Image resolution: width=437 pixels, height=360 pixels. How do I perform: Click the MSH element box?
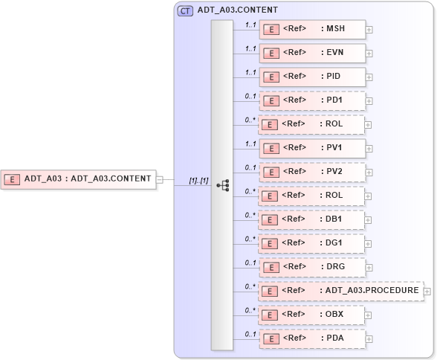coord(312,29)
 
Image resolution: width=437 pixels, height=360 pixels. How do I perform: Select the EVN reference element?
coord(312,53)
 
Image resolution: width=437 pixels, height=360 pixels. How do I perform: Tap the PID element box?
coord(312,77)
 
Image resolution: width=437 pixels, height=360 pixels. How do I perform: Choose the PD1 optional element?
coord(312,100)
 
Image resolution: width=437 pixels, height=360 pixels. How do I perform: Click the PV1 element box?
coord(312,148)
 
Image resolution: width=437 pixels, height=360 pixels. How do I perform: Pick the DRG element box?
coord(312,267)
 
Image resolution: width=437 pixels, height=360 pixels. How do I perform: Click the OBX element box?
coord(312,315)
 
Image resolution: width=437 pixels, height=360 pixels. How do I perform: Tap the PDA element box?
coord(312,338)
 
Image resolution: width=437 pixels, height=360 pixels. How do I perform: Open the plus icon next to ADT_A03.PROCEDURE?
coord(427,292)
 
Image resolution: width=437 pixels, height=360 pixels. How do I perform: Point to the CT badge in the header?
coord(185,10)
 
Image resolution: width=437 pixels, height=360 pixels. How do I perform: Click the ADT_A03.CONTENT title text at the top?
coord(238,10)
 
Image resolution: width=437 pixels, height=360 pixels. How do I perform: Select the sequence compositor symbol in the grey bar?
coord(222,184)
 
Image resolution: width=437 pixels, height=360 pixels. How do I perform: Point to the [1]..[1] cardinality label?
coord(198,180)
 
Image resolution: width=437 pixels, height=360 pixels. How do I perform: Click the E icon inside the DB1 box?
coord(273,220)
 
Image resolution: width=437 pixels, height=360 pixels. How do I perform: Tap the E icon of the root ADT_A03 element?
coord(13,179)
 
